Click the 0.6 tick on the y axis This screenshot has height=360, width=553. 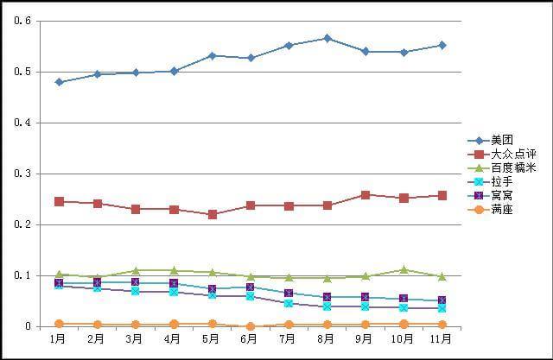click(22, 21)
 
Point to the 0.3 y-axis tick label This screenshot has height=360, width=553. click(22, 174)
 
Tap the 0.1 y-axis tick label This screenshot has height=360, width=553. click(22, 275)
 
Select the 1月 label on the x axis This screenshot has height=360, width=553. click(59, 339)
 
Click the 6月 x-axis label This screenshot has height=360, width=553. click(250, 339)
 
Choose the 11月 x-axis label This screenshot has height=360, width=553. click(441, 339)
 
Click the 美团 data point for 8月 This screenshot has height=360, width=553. click(327, 38)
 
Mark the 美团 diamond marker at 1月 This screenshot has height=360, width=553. click(59, 82)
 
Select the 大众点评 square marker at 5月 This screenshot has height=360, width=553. click(212, 214)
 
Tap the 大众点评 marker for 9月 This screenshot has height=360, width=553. click(365, 195)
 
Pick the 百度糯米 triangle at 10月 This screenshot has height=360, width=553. click(404, 269)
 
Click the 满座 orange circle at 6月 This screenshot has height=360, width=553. click(250, 326)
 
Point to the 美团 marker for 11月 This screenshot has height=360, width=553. click(442, 45)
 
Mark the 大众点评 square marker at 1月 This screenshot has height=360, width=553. click(59, 201)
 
